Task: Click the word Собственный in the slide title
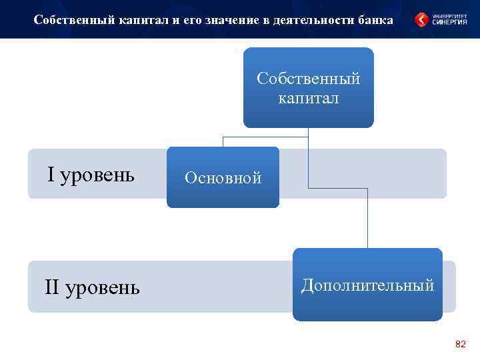point(69,20)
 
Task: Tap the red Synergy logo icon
point(421,20)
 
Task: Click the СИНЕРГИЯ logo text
point(451,23)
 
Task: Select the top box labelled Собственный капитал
point(308,87)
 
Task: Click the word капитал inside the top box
point(308,98)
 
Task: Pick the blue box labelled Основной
point(223,177)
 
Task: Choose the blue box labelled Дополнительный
point(367,285)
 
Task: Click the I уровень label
point(91,175)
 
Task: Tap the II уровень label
point(92,287)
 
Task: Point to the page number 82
point(460,344)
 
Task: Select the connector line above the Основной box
point(223,141)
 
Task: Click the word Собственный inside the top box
point(308,79)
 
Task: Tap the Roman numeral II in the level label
point(51,287)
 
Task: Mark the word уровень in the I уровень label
point(97,175)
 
